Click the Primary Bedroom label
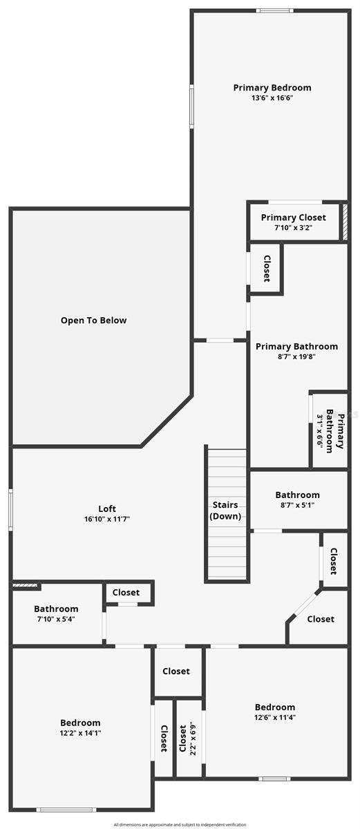point(272,88)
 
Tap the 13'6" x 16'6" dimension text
point(272,98)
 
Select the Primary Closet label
point(294,218)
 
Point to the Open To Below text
point(93,321)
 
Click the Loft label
point(107,509)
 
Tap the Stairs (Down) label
point(225,511)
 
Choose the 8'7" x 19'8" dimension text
point(296,356)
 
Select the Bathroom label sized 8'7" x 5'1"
point(298,495)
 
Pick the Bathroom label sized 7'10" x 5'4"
point(56,609)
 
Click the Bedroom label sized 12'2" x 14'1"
point(80,723)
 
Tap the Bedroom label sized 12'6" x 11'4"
point(275,707)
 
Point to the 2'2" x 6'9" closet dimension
point(192,739)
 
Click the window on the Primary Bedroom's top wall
point(274,11)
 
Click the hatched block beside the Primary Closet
point(345,222)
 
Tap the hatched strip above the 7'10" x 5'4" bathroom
point(25,585)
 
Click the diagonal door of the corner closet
point(305,603)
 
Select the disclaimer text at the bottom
point(180,825)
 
